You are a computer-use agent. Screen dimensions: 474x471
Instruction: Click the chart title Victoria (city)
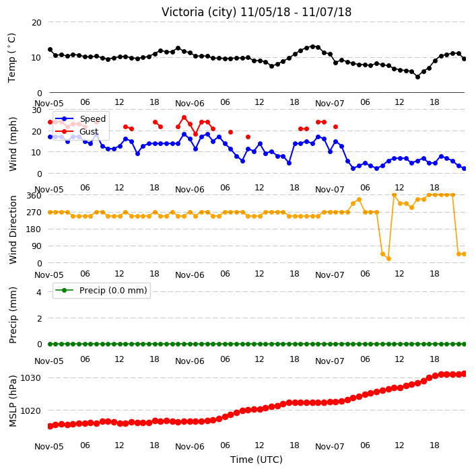click(199, 12)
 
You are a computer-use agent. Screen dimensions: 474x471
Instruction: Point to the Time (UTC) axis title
click(257, 460)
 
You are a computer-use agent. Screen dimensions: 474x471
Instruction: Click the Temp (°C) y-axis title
click(12, 58)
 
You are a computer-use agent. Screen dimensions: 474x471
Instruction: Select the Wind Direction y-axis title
click(13, 230)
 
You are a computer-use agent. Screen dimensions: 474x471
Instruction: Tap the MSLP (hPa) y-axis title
click(13, 401)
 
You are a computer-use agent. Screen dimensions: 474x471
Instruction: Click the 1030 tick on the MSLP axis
click(30, 378)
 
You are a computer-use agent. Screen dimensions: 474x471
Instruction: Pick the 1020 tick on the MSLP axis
click(30, 411)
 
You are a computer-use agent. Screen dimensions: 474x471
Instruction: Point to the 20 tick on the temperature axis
click(36, 23)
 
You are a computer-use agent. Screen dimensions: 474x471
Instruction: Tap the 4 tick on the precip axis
click(39, 292)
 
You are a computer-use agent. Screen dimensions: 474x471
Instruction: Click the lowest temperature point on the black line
click(417, 77)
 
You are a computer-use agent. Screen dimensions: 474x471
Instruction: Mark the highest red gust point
click(184, 118)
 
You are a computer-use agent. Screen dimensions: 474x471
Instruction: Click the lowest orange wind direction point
click(388, 258)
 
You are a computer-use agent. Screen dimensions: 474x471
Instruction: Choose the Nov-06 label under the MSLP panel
click(190, 447)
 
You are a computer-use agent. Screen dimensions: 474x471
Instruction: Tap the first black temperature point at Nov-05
click(50, 50)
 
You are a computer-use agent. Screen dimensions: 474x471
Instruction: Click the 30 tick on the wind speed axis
click(36, 110)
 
